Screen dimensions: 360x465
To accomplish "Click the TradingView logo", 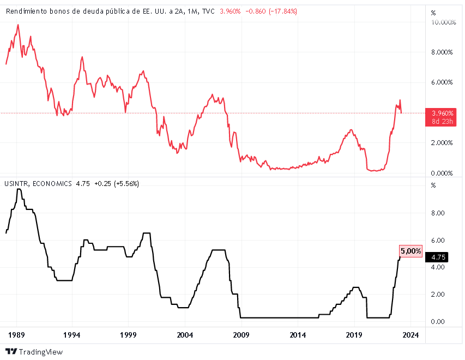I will click(34, 352).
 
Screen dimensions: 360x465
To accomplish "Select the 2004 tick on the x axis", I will click(185, 334).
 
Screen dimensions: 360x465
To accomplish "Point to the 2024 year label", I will click(410, 334).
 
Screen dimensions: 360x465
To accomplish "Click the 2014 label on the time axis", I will click(298, 334).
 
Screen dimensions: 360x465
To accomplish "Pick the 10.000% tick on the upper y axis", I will click(443, 22).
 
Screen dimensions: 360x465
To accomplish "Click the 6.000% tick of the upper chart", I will click(442, 82).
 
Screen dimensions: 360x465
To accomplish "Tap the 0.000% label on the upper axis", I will click(442, 173).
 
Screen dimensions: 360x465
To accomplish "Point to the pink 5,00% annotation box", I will click(411, 251).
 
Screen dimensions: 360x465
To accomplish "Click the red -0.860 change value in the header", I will click(255, 11).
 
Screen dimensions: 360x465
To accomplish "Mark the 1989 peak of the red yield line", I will click(18, 25).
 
